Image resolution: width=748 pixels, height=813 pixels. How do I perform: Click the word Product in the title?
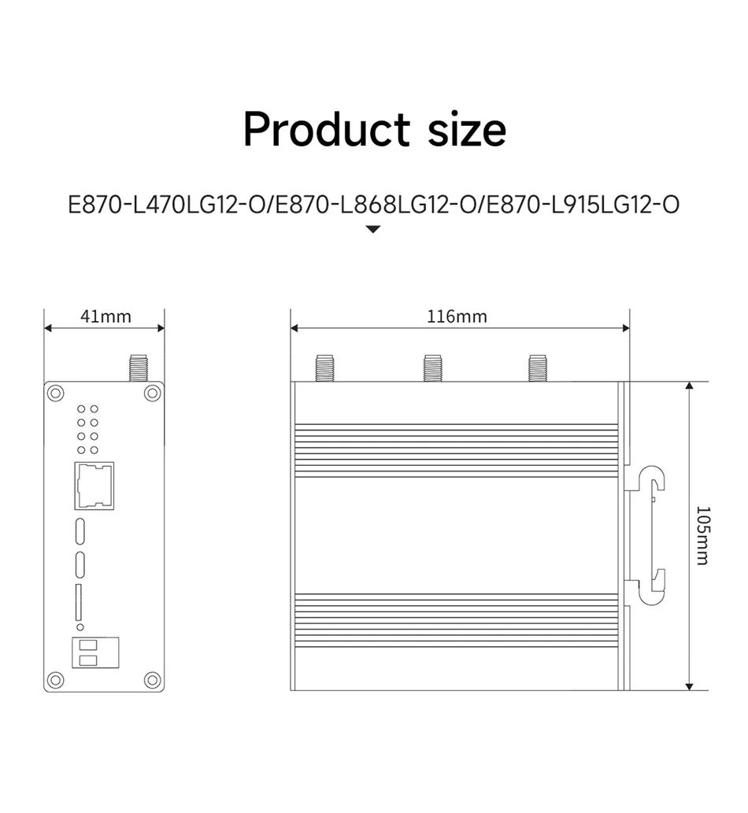327,130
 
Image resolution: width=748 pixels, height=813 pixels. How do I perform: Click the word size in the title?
467,130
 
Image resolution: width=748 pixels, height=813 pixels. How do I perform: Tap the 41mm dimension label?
106,316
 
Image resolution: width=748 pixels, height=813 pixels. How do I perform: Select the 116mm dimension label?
457,316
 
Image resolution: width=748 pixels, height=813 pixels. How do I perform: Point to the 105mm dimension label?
702,536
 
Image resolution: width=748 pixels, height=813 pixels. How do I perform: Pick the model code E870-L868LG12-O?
376,205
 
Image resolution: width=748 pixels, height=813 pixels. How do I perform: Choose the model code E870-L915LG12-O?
583,205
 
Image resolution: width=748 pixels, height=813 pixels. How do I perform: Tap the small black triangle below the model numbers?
373,229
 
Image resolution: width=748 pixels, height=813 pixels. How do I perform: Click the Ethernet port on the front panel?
94,486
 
